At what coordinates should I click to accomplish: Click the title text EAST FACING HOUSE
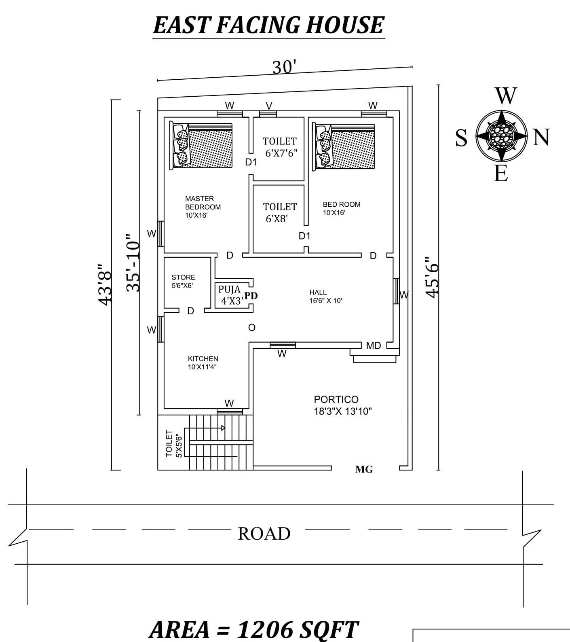click(268, 25)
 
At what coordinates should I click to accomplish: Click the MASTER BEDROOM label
click(203, 207)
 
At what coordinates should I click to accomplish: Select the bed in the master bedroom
click(201, 146)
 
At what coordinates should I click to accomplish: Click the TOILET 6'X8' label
click(280, 213)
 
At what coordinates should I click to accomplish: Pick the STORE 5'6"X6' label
click(183, 281)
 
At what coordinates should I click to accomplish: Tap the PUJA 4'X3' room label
click(230, 295)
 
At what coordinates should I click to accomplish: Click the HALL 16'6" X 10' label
click(326, 297)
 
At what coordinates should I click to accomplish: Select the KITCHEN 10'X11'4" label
click(203, 363)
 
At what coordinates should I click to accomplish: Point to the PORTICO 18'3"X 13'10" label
click(342, 405)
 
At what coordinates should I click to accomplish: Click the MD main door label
click(374, 345)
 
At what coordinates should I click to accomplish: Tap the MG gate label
click(364, 469)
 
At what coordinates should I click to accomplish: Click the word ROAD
click(264, 534)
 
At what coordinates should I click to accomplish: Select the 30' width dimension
click(285, 67)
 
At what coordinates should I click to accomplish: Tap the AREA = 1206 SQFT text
click(253, 630)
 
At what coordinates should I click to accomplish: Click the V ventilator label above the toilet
click(269, 106)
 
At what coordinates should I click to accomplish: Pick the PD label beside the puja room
click(251, 296)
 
